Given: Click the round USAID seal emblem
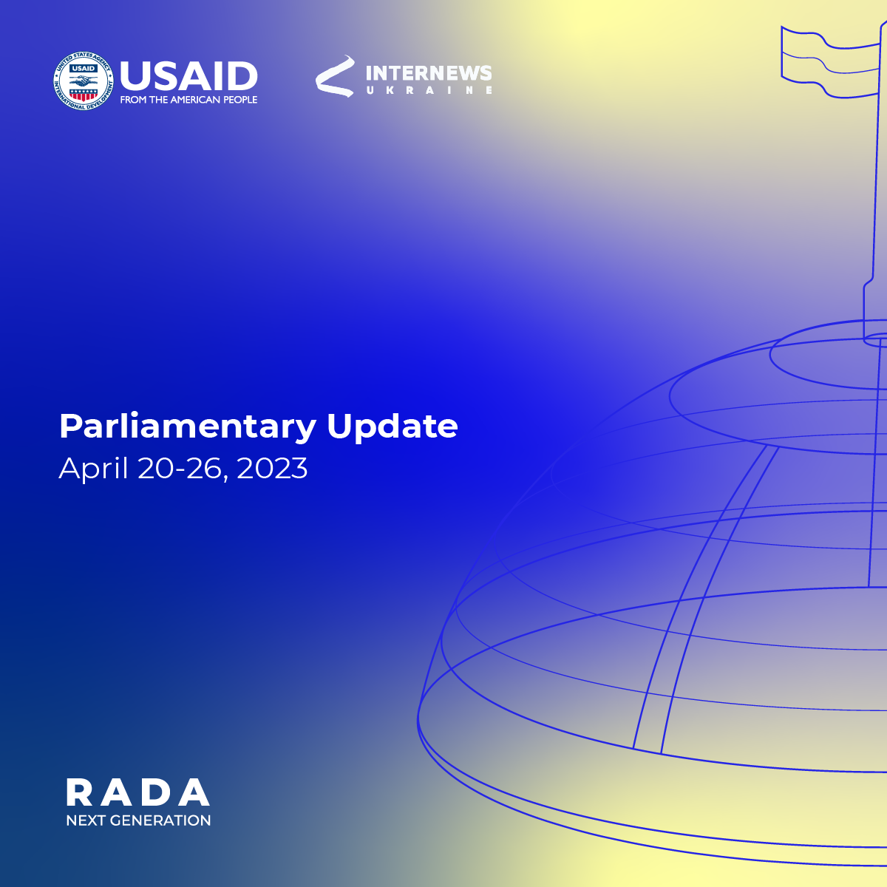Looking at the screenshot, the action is (x=84, y=81).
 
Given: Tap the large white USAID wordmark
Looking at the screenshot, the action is (x=188, y=75).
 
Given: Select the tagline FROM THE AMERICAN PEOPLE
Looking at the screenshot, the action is (x=188, y=100).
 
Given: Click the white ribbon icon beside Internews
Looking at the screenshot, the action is (x=335, y=76).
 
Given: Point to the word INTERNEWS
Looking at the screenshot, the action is (x=429, y=73).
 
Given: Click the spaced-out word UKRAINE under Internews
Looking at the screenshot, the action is (x=429, y=90).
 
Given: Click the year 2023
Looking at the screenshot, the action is (x=272, y=469).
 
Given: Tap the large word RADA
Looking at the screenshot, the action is (x=138, y=792).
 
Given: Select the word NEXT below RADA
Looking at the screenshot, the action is (x=86, y=820).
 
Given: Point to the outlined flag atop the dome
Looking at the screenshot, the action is (x=831, y=62).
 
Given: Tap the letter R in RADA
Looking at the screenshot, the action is (x=79, y=792).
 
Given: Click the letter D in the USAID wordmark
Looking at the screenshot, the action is (x=242, y=75).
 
